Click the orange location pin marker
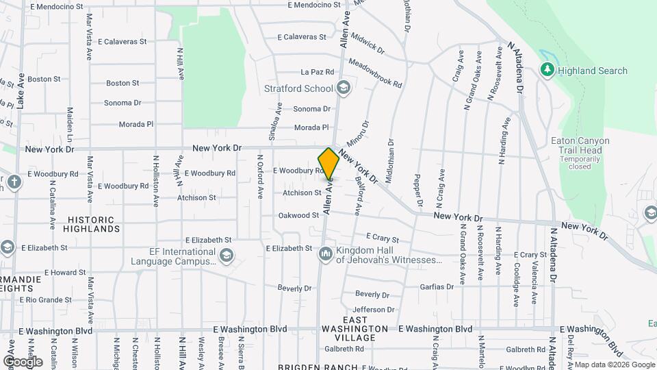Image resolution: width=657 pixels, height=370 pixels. click(329, 164)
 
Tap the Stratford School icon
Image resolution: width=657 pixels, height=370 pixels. click(343, 88)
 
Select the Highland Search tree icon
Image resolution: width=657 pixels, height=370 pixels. click(547, 70)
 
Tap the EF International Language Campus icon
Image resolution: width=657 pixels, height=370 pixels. click(226, 256)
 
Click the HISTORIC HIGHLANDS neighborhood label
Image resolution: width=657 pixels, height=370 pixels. click(93, 224)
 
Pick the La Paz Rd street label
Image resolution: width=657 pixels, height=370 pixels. click(317, 71)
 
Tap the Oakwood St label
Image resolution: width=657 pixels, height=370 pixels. click(298, 215)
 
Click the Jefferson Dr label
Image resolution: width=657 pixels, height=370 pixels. click(374, 310)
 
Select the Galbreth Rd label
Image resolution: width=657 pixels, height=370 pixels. click(344, 349)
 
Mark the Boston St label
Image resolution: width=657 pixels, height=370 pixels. click(44, 79)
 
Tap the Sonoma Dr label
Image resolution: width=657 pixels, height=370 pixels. click(123, 103)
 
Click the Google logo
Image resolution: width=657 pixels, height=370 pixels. click(23, 361)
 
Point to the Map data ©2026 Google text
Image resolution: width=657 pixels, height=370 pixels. click(614, 365)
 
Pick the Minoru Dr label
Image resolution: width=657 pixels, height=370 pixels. click(361, 134)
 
